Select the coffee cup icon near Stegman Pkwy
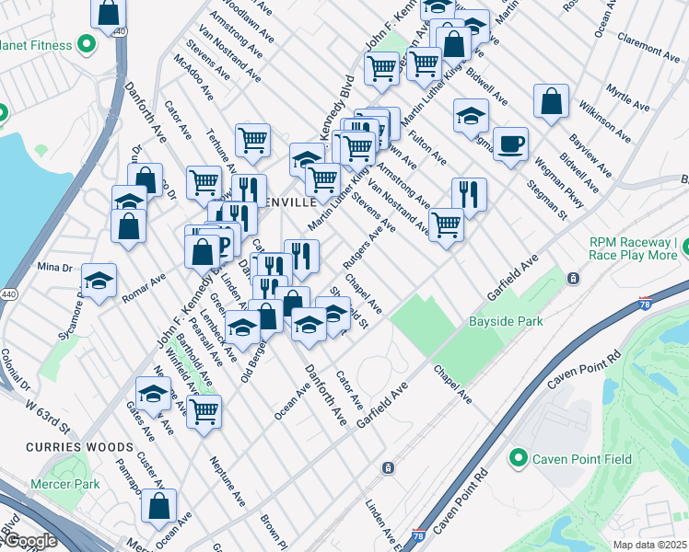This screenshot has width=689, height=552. pos(510,144)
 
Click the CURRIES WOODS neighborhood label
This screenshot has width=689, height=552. pos(91,447)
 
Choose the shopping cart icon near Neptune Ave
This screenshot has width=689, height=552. pos(204,410)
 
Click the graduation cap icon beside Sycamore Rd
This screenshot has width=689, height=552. pos(99,282)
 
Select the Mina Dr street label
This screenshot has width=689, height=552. pos(54,267)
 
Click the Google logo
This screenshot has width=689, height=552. pos(30,541)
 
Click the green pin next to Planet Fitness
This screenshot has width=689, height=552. pos(88,43)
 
